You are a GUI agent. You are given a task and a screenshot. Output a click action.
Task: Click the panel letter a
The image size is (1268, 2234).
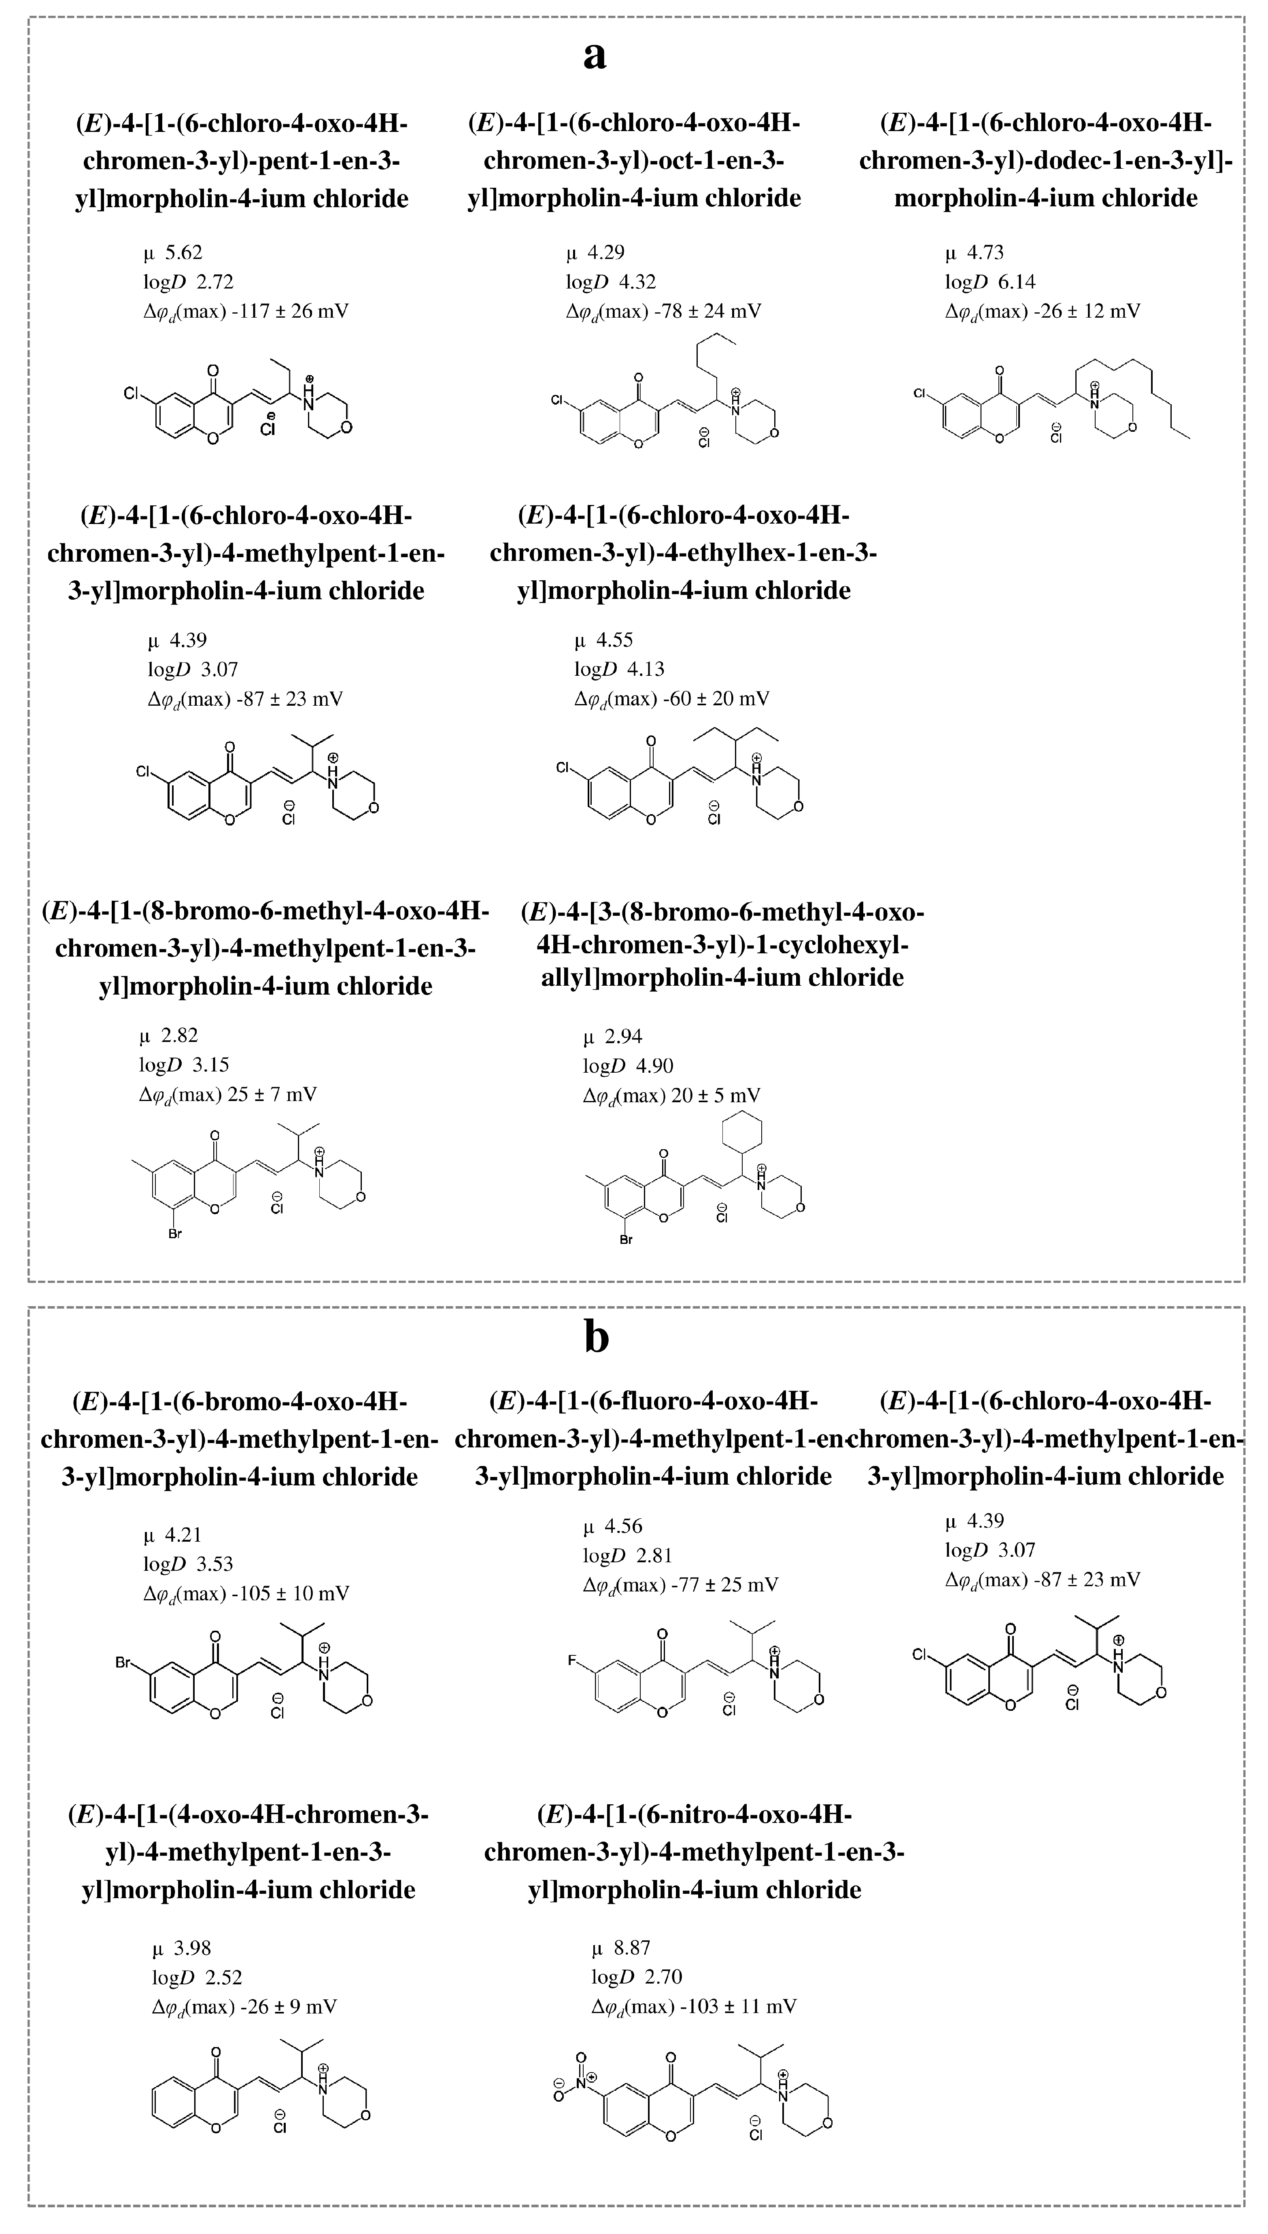[x=595, y=56]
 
